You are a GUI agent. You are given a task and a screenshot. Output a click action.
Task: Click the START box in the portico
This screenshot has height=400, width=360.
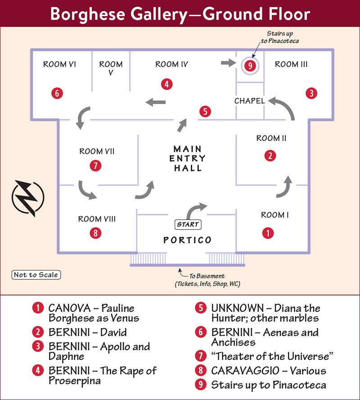(188, 225)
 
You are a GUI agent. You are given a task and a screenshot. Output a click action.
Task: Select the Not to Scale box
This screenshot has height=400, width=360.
(36, 275)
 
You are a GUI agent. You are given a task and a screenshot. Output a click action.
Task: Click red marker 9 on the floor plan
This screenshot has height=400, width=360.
(250, 66)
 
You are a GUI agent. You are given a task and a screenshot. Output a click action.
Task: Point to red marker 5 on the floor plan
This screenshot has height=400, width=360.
(205, 112)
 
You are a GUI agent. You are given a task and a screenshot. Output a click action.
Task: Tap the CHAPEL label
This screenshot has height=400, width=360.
(250, 101)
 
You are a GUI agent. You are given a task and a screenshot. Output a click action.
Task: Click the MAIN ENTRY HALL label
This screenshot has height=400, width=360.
(188, 158)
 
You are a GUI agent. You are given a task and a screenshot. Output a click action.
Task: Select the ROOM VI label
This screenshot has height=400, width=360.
(59, 64)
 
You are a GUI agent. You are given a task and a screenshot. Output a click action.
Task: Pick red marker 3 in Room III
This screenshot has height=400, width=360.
(311, 93)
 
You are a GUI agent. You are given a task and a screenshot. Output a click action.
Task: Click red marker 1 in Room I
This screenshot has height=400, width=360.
(268, 233)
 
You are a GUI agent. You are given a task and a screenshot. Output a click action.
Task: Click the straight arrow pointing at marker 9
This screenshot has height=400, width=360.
(229, 63)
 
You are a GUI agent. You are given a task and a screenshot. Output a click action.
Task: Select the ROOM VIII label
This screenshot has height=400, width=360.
(97, 219)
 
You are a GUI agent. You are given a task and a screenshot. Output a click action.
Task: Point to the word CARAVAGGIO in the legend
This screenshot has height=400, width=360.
(245, 371)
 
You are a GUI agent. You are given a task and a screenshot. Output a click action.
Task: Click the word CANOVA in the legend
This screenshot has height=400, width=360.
(69, 308)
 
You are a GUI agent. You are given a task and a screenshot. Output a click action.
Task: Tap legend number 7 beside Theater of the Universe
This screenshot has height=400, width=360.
(201, 356)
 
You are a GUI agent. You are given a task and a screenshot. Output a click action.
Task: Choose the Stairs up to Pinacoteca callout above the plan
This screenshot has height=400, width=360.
(280, 37)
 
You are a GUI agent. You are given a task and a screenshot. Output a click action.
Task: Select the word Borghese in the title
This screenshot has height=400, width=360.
(87, 14)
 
